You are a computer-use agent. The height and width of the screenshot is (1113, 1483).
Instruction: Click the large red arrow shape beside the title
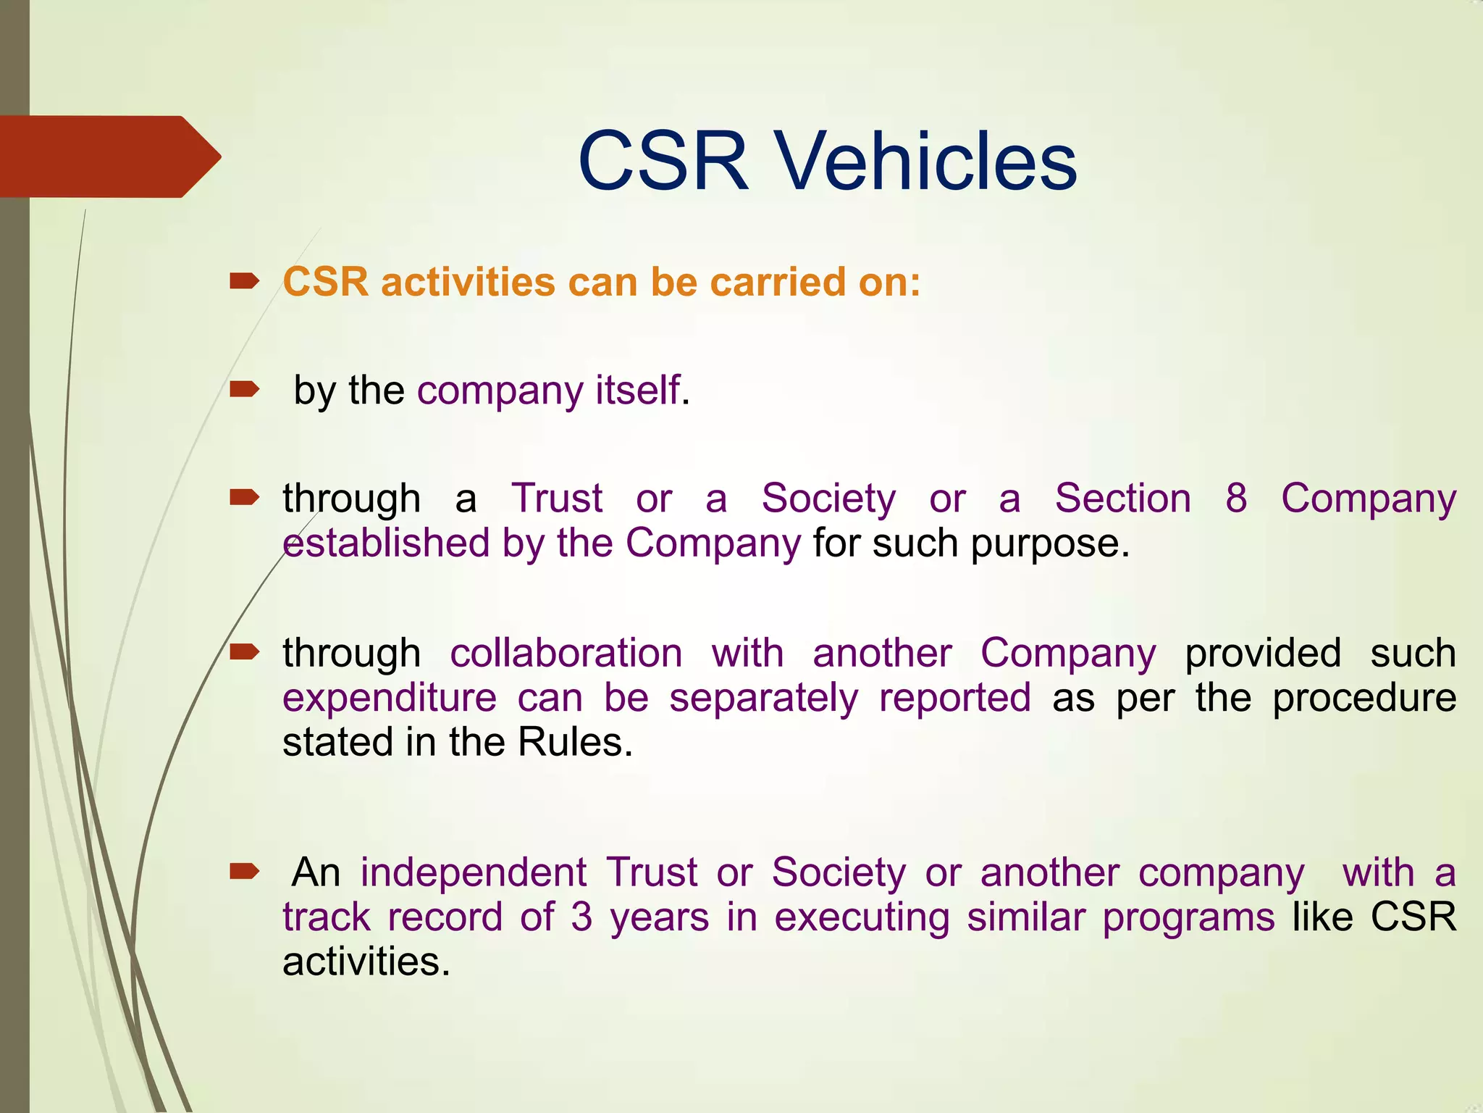coord(109,157)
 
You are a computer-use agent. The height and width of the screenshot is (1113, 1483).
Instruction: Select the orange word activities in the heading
coord(468,282)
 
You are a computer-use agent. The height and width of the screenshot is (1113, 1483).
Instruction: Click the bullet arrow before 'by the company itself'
coord(244,391)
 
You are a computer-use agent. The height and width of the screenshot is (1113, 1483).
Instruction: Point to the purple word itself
coord(637,391)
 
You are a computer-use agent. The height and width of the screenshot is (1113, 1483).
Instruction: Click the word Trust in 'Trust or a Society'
coord(557,499)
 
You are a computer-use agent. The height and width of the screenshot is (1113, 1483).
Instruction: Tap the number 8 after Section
coord(1236,499)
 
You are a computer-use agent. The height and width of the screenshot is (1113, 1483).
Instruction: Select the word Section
coord(1122,499)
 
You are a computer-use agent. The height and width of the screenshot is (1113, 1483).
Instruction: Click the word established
coord(386,543)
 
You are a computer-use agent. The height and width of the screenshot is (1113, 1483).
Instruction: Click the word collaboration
coord(566,653)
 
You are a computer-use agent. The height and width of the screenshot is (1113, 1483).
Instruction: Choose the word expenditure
coord(390,699)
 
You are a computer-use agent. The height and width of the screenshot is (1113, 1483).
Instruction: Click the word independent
coord(474,872)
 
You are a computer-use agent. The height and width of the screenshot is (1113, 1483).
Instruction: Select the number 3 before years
coord(581,917)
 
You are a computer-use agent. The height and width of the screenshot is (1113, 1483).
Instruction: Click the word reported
coord(954,698)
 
